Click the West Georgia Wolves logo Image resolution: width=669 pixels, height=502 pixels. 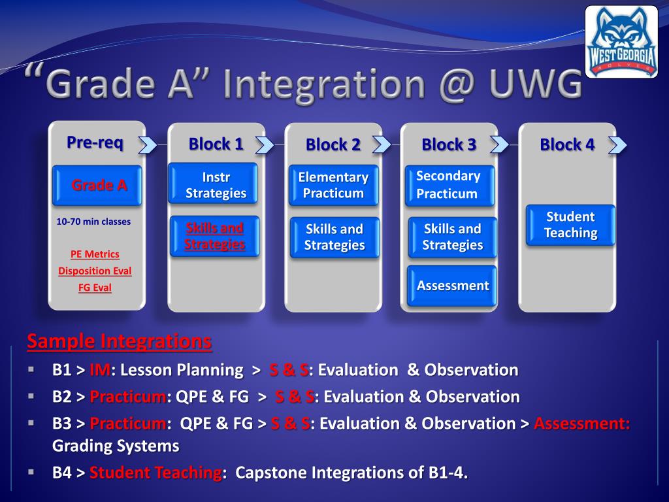(x=621, y=42)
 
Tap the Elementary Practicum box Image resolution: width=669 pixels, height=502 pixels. (x=333, y=185)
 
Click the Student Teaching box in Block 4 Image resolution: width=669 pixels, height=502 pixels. (x=570, y=225)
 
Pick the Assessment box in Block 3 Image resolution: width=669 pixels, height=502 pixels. (x=452, y=286)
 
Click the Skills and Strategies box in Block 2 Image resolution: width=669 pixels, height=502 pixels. (x=334, y=237)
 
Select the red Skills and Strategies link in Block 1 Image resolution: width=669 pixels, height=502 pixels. (x=214, y=236)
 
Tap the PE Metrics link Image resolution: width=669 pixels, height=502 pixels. (x=95, y=254)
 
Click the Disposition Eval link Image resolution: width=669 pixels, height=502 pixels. (x=95, y=271)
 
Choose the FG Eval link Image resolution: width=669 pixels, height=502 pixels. (x=95, y=287)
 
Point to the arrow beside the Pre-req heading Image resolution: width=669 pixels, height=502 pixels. (x=148, y=144)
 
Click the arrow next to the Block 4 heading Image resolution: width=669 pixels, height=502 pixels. (x=617, y=144)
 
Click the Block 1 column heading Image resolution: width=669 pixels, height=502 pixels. (x=216, y=144)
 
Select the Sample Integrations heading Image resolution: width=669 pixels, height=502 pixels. (x=119, y=341)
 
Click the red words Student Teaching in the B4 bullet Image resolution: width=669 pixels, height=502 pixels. (x=155, y=473)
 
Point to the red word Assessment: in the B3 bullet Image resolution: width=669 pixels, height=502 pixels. (x=582, y=424)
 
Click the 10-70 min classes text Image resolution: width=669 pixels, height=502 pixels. (x=93, y=222)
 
